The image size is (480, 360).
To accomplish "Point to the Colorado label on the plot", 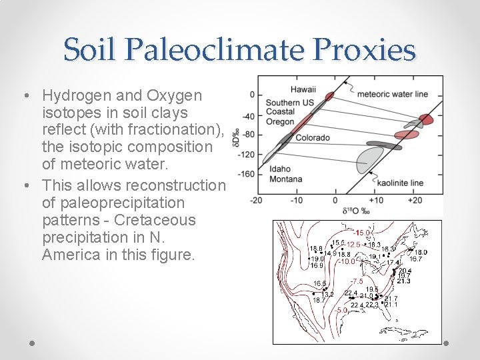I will coord(313,137).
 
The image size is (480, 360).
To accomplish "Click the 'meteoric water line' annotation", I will coord(393,94).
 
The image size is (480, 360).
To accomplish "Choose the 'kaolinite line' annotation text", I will coord(400,183).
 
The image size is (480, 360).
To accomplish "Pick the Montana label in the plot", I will coord(285,179).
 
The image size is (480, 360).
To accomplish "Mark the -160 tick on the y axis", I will coord(247,175).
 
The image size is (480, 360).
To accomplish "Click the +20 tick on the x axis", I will coord(415,201).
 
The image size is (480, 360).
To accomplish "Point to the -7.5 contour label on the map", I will coord(357,281).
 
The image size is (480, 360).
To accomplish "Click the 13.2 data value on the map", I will coord(327,294).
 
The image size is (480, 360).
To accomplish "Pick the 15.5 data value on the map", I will coord(338,243).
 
